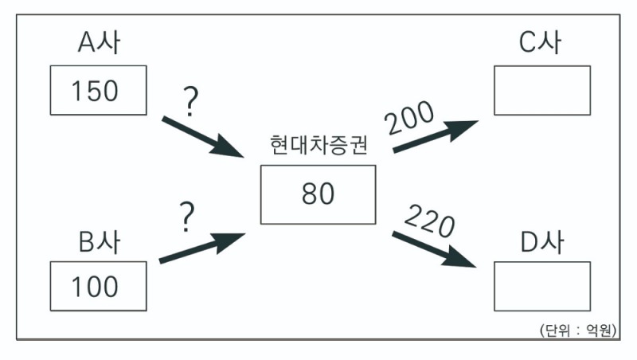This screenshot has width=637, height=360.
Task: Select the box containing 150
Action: (x=98, y=91)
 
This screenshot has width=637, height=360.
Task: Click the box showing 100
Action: (x=98, y=286)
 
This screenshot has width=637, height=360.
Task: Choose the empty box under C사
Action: (x=541, y=91)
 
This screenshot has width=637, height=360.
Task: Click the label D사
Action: (x=541, y=240)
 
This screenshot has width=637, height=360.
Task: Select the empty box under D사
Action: (x=541, y=286)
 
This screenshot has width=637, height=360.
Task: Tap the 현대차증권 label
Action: (x=318, y=147)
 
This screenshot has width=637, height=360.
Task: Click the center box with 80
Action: (x=318, y=194)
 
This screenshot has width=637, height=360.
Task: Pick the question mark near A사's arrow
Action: (x=190, y=102)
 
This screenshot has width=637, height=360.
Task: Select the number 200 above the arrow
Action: (x=410, y=119)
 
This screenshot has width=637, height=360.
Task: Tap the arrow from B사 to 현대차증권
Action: (x=202, y=247)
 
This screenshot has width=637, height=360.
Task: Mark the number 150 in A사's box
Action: (x=95, y=91)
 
